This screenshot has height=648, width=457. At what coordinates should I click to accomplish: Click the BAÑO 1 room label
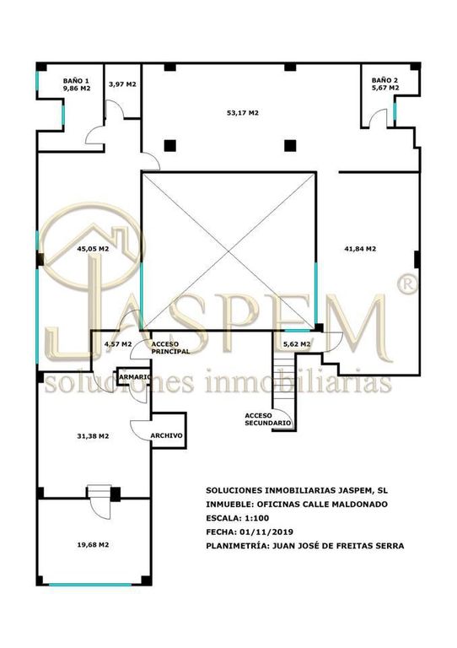(x=76, y=81)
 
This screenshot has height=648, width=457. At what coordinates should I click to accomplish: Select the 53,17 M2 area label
(x=243, y=112)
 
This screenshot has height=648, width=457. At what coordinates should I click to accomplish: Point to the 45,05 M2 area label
(x=93, y=249)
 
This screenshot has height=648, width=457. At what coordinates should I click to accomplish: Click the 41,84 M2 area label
(x=360, y=249)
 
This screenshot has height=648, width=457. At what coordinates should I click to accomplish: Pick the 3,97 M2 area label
(x=122, y=84)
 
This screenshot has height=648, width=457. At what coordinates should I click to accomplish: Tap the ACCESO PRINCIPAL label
(x=170, y=348)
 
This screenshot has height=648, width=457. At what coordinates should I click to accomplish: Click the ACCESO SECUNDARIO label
(x=268, y=419)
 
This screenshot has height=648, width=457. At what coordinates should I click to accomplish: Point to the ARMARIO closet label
(x=135, y=377)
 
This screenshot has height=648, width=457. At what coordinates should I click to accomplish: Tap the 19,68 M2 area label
(x=93, y=545)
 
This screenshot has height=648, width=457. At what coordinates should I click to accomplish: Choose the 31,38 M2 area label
(x=93, y=436)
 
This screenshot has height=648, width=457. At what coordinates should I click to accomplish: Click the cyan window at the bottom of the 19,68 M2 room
(x=90, y=585)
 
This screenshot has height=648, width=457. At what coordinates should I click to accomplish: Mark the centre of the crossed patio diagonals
(x=228, y=251)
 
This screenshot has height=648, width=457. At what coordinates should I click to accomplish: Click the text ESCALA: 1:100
(x=238, y=518)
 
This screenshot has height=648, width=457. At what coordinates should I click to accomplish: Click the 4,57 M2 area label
(x=118, y=344)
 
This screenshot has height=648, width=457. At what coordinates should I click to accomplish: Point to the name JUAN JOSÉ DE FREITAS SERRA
(x=337, y=546)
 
